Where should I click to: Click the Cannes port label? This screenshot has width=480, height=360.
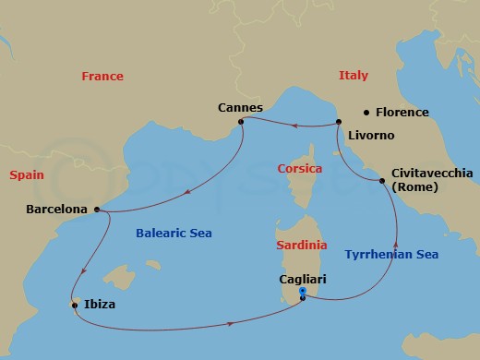pyautogui.click(x=240, y=106)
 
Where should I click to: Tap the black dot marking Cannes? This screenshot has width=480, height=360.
pyautogui.click(x=240, y=121)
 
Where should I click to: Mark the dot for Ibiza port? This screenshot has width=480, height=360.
pyautogui.click(x=74, y=304)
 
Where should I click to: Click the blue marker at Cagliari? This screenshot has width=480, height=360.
pyautogui.click(x=303, y=294)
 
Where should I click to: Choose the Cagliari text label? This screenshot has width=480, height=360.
pyautogui.click(x=303, y=278)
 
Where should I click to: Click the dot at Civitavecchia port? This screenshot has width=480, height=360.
pyautogui.click(x=382, y=181)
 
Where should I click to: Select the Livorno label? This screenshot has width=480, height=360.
pyautogui.click(x=371, y=136)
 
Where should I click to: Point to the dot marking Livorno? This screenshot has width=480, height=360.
pyautogui.click(x=339, y=122)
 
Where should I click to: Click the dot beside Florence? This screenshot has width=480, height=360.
pyautogui.click(x=367, y=113)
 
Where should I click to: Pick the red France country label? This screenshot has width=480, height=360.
pyautogui.click(x=102, y=77)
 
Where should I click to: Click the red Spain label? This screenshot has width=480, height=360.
pyautogui.click(x=27, y=174)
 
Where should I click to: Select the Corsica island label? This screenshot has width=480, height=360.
pyautogui.click(x=299, y=170)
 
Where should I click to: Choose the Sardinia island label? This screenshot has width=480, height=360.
pyautogui.click(x=301, y=246)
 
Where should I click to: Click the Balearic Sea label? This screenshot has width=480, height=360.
pyautogui.click(x=174, y=234)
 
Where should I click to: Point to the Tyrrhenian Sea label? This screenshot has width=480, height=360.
pyautogui.click(x=390, y=254)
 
